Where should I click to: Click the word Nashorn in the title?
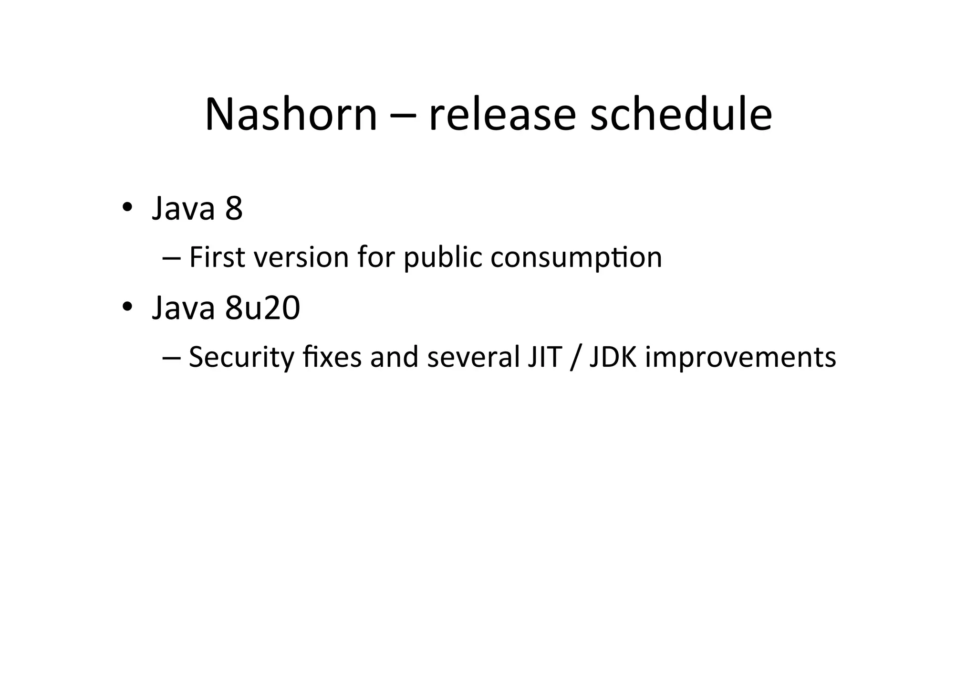291,115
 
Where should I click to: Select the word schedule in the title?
681,115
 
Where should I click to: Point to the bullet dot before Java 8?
126,208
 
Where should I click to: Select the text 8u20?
262,308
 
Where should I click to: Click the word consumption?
576,258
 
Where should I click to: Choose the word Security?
241,357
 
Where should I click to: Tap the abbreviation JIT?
544,357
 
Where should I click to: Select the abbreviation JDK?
613,357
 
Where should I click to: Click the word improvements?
740,357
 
